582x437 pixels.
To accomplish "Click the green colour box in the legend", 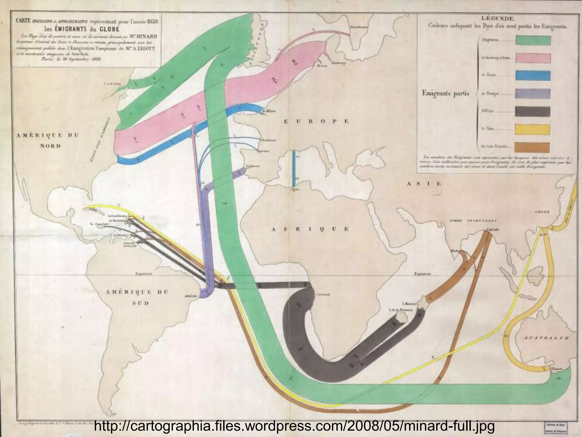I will pyautogui.click(x=533, y=40).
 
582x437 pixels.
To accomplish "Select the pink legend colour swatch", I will pyautogui.click(x=533, y=58).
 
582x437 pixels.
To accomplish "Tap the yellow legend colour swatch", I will pyautogui.click(x=532, y=130).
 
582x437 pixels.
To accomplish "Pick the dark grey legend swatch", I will pyautogui.click(x=532, y=112).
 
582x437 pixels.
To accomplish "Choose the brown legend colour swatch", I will pyautogui.click(x=532, y=147).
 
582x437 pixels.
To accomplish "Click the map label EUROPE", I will pyautogui.click(x=316, y=121).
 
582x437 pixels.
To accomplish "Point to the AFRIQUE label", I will pyautogui.click(x=310, y=229).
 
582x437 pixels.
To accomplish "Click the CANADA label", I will pyautogui.click(x=113, y=84).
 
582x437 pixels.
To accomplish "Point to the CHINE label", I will pyautogui.click(x=542, y=212).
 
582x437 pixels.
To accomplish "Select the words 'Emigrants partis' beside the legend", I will pyautogui.click(x=446, y=93).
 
